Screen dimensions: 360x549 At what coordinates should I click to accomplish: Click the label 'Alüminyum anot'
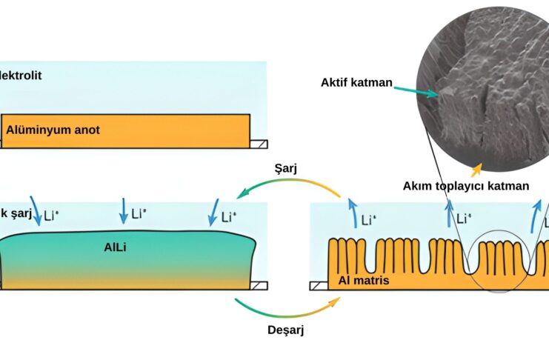click(53, 130)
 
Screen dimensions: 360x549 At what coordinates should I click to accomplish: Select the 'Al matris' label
click(363, 281)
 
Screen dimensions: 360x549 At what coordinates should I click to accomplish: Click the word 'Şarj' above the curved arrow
click(285, 168)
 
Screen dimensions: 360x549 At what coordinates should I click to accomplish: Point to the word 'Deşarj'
click(287, 330)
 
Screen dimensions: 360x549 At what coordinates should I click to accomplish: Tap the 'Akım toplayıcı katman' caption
click(466, 185)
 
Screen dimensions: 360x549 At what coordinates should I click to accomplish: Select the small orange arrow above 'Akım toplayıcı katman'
click(476, 167)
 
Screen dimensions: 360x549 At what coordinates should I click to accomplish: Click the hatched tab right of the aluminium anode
click(259, 143)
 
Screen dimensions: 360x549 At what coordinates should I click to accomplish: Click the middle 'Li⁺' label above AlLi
click(139, 215)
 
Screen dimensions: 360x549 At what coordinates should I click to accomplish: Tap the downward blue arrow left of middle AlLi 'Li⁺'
click(123, 211)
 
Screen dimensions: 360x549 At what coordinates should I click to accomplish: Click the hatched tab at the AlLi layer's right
click(259, 284)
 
